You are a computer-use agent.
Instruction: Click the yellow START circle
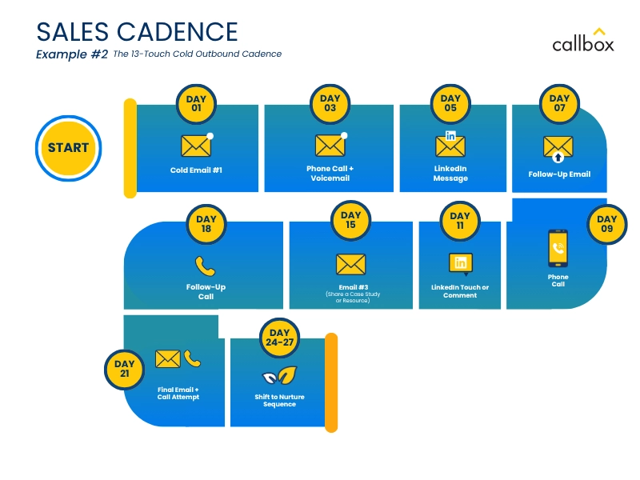pos(68,148)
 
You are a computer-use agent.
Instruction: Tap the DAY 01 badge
pos(196,103)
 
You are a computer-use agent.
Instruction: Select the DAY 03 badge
pos(330,103)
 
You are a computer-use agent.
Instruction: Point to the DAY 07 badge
pos(559,103)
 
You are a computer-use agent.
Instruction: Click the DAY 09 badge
pos(607,223)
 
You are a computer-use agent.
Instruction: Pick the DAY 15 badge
pos(350,220)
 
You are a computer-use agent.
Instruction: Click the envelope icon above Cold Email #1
pos(195,146)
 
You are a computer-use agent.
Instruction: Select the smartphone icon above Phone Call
pos(558,249)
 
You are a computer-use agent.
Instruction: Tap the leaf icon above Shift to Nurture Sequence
pos(280,374)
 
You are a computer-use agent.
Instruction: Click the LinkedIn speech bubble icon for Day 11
pos(460,263)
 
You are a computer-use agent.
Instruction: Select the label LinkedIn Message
pos(450,174)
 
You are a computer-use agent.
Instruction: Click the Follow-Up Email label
pos(559,174)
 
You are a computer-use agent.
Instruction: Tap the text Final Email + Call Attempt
pos(178,393)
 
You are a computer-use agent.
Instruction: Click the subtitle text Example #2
pos(72,54)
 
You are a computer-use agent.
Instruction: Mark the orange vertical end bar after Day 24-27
pos(330,382)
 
